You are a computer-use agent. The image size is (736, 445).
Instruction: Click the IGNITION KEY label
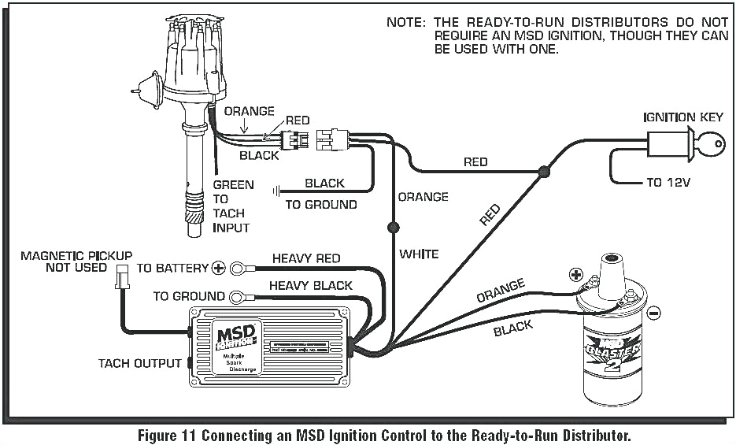682,117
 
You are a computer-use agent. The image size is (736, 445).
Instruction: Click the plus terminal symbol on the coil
575,275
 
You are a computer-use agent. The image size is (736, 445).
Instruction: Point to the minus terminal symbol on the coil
653,313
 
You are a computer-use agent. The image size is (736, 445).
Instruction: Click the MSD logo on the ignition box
235,334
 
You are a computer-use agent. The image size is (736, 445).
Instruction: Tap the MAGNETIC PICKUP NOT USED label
76,261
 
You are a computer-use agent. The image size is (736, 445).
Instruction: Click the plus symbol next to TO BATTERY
218,268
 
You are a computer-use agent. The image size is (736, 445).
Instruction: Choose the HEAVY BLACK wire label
310,285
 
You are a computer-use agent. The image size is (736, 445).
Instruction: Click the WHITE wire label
418,254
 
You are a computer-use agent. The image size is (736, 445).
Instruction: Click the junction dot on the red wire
542,170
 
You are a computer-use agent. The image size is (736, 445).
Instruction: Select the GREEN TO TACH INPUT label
232,206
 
